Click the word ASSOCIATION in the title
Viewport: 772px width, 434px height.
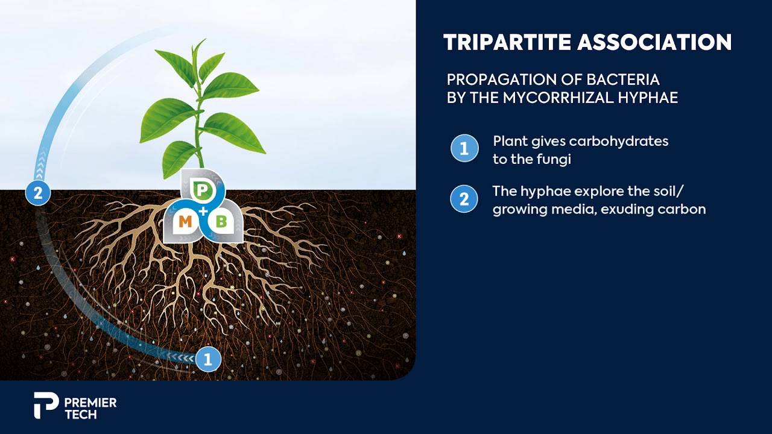[654, 42]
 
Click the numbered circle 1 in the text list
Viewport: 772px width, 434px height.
[464, 148]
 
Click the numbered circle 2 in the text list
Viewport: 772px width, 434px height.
[464, 199]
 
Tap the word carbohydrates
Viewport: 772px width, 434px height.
[619, 142]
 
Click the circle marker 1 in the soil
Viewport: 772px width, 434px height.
[208, 359]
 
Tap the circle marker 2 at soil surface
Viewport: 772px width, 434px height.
[38, 192]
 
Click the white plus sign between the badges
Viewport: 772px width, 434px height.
[203, 211]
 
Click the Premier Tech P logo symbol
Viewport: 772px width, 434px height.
[45, 406]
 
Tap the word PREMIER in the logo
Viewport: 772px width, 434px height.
[90, 402]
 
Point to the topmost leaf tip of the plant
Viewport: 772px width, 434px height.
[206, 39]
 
